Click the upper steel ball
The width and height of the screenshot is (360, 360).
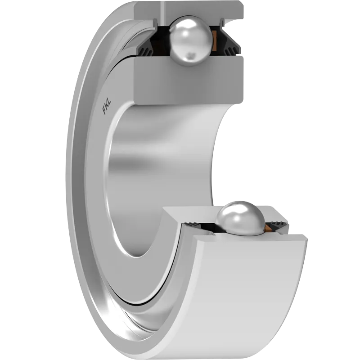pos(190,41)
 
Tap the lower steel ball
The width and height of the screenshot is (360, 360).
pos(240,219)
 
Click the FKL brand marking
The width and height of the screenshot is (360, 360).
pos(107,107)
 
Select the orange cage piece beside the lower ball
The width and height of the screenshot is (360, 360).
pos(268,227)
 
